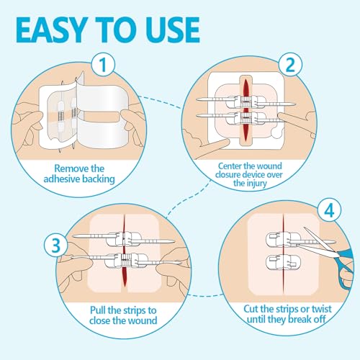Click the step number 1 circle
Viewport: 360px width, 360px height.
tap(106, 66)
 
